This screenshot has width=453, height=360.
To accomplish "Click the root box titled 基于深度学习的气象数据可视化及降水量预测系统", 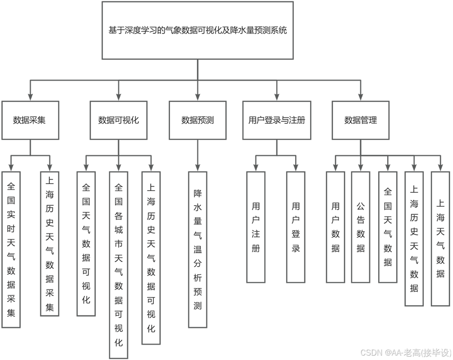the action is [197, 30].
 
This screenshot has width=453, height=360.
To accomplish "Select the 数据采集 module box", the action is [30, 120].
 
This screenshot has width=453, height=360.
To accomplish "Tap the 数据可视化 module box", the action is [118, 120].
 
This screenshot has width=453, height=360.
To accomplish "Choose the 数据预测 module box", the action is [197, 120].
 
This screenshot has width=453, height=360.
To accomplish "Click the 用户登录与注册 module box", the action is [277, 120].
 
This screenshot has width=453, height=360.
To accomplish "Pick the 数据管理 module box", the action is [360, 120].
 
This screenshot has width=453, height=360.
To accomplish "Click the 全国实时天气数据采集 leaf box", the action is [11, 249].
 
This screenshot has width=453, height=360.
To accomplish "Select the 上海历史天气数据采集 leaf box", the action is [49, 244].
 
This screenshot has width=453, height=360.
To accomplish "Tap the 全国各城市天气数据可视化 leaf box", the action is [118, 265].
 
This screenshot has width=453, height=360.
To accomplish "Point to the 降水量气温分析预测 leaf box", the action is [197, 249].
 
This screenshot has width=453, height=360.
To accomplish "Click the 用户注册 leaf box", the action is [256, 227].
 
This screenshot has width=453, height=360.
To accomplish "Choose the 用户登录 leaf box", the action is [296, 227].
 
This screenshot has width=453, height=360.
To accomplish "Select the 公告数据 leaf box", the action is [360, 227].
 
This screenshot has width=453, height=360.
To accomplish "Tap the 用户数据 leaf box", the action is [336, 227].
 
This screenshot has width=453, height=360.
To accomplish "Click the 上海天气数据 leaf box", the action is [441, 238].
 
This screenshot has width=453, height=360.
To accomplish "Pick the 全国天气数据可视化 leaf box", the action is [86, 244].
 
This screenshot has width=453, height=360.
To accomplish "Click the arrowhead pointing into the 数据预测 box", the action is [197, 96].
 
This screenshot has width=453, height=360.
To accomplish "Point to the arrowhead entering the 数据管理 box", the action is [360, 96].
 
